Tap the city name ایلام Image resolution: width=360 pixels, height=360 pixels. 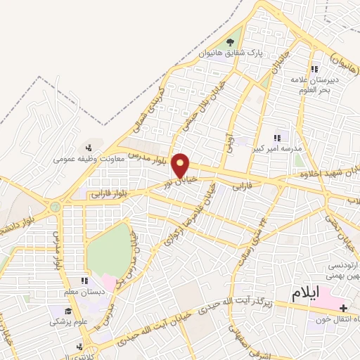(x=310, y=291)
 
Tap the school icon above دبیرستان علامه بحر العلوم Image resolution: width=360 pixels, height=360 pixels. (x=314, y=69)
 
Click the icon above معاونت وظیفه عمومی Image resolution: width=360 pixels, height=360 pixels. (x=89, y=148)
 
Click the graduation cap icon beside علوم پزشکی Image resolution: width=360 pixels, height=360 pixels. (x=69, y=311)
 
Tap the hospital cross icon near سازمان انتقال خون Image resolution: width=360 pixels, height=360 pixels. (x=342, y=308)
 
